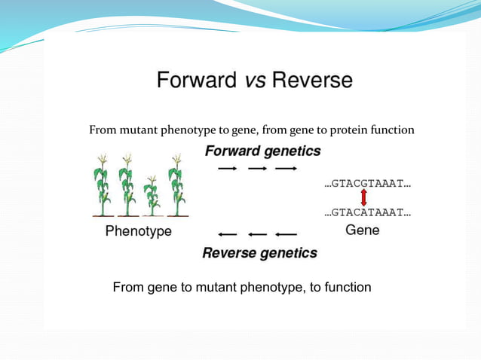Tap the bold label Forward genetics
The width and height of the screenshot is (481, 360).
click(x=262, y=151)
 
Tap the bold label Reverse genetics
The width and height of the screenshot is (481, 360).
click(x=259, y=253)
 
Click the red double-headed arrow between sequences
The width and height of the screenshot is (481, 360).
click(x=364, y=198)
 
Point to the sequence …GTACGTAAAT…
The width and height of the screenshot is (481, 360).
click(x=367, y=183)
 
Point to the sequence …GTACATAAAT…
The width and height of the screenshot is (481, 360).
click(x=367, y=213)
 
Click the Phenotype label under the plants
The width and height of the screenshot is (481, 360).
click(x=138, y=231)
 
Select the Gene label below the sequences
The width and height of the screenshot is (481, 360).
click(x=362, y=230)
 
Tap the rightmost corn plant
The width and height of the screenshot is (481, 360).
click(x=177, y=185)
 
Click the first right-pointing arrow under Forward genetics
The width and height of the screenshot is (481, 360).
click(x=227, y=169)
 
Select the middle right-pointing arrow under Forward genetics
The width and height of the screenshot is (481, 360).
click(x=256, y=169)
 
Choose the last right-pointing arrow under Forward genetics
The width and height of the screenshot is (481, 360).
click(x=285, y=169)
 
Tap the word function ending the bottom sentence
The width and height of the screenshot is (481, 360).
click(x=345, y=287)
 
